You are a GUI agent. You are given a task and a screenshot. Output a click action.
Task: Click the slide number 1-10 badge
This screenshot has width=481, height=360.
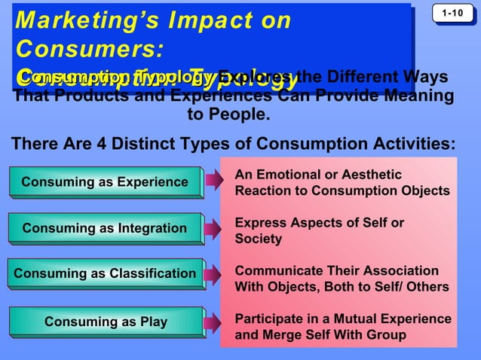pyautogui.click(x=453, y=14)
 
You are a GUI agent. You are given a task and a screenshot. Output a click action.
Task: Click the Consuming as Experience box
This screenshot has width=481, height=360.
pyautogui.click(x=105, y=182)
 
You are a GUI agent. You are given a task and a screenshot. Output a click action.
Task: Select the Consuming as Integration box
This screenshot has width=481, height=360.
pyautogui.click(x=105, y=228)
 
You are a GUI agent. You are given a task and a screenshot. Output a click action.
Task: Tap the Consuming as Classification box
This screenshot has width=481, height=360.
pyautogui.click(x=105, y=273)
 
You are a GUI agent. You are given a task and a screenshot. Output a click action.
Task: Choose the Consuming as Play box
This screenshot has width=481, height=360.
pyautogui.click(x=106, y=322)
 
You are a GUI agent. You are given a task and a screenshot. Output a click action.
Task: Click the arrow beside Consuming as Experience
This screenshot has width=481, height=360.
pyautogui.click(x=214, y=182)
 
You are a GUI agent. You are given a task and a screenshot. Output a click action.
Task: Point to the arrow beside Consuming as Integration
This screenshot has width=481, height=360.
pyautogui.click(x=214, y=227)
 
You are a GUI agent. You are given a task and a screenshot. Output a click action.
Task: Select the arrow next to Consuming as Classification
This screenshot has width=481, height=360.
pyautogui.click(x=214, y=273)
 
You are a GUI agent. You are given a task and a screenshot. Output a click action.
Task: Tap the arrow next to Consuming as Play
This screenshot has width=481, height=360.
pyautogui.click(x=214, y=322)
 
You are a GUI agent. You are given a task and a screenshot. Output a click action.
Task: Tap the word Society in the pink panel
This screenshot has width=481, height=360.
pyautogui.click(x=258, y=239)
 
